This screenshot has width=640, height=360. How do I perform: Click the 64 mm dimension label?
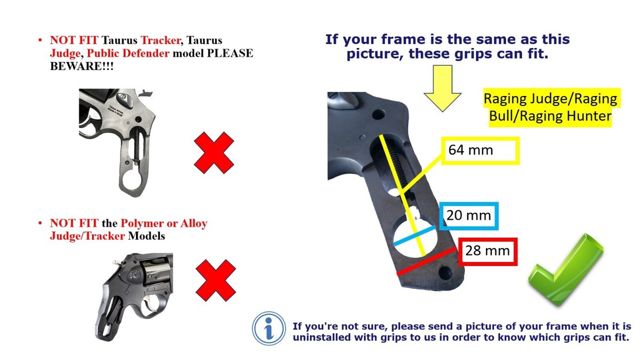tap(481, 150)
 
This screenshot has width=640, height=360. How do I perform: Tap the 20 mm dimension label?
tap(469, 216)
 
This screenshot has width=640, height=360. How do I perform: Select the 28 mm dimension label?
tap(488, 251)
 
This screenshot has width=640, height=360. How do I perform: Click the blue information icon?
tap(269, 329)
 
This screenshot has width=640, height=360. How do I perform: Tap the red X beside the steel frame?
tap(214, 153)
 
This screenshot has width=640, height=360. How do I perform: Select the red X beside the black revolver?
tap(215, 281)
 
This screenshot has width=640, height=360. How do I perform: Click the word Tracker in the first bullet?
tap(161, 41)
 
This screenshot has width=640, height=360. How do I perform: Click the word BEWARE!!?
tap(82, 66)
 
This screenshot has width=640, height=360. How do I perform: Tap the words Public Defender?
tap(128, 53)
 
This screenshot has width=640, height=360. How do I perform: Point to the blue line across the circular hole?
tap(414, 236)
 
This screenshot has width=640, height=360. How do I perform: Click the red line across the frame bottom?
tap(427, 261)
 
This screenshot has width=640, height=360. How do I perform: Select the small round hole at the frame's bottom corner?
tap(445, 273)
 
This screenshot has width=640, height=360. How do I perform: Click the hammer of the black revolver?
tap(117, 262)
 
